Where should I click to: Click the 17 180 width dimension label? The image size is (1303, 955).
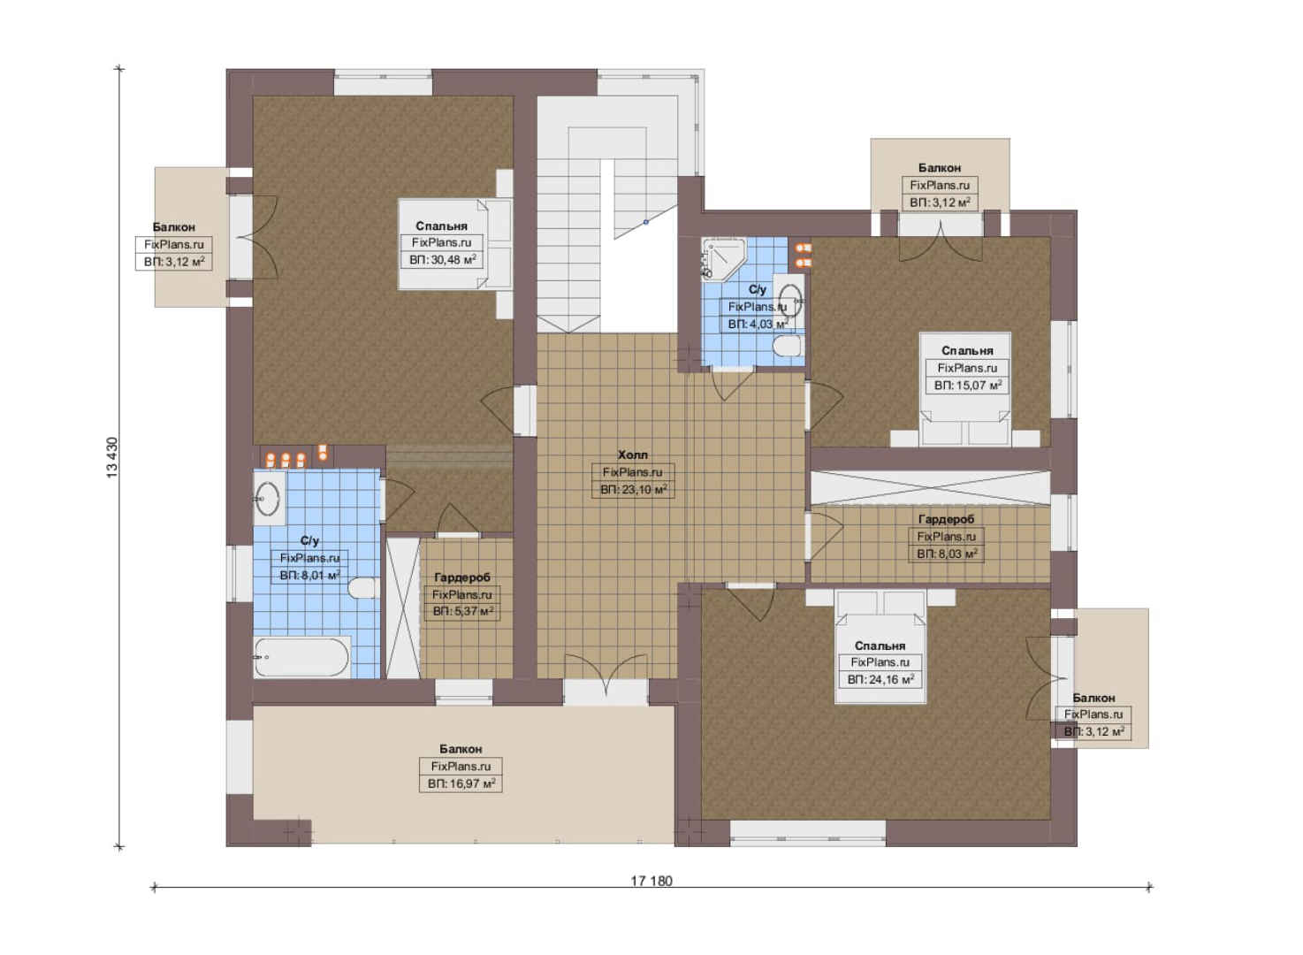point(651,881)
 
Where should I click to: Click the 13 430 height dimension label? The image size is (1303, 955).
point(112,457)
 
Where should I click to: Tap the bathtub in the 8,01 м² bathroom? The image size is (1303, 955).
point(302,657)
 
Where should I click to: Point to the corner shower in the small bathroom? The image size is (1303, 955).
point(722,260)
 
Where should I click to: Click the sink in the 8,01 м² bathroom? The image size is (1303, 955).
point(268,499)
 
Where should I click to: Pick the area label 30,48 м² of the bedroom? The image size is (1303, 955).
point(442,260)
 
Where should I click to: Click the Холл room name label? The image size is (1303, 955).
point(632,455)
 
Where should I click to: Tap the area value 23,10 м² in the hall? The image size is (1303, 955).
point(634,489)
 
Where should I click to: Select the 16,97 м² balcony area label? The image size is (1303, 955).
point(461,783)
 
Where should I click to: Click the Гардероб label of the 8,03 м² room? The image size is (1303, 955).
point(946,518)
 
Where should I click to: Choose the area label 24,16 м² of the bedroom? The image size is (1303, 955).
point(880,679)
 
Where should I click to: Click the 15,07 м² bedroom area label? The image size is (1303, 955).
point(968,385)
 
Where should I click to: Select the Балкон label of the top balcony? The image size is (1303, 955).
point(940,168)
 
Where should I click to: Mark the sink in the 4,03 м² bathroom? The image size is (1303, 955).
point(789,299)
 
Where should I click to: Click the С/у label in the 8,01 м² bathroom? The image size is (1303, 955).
point(309,540)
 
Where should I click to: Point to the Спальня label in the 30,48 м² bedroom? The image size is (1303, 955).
point(441,225)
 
